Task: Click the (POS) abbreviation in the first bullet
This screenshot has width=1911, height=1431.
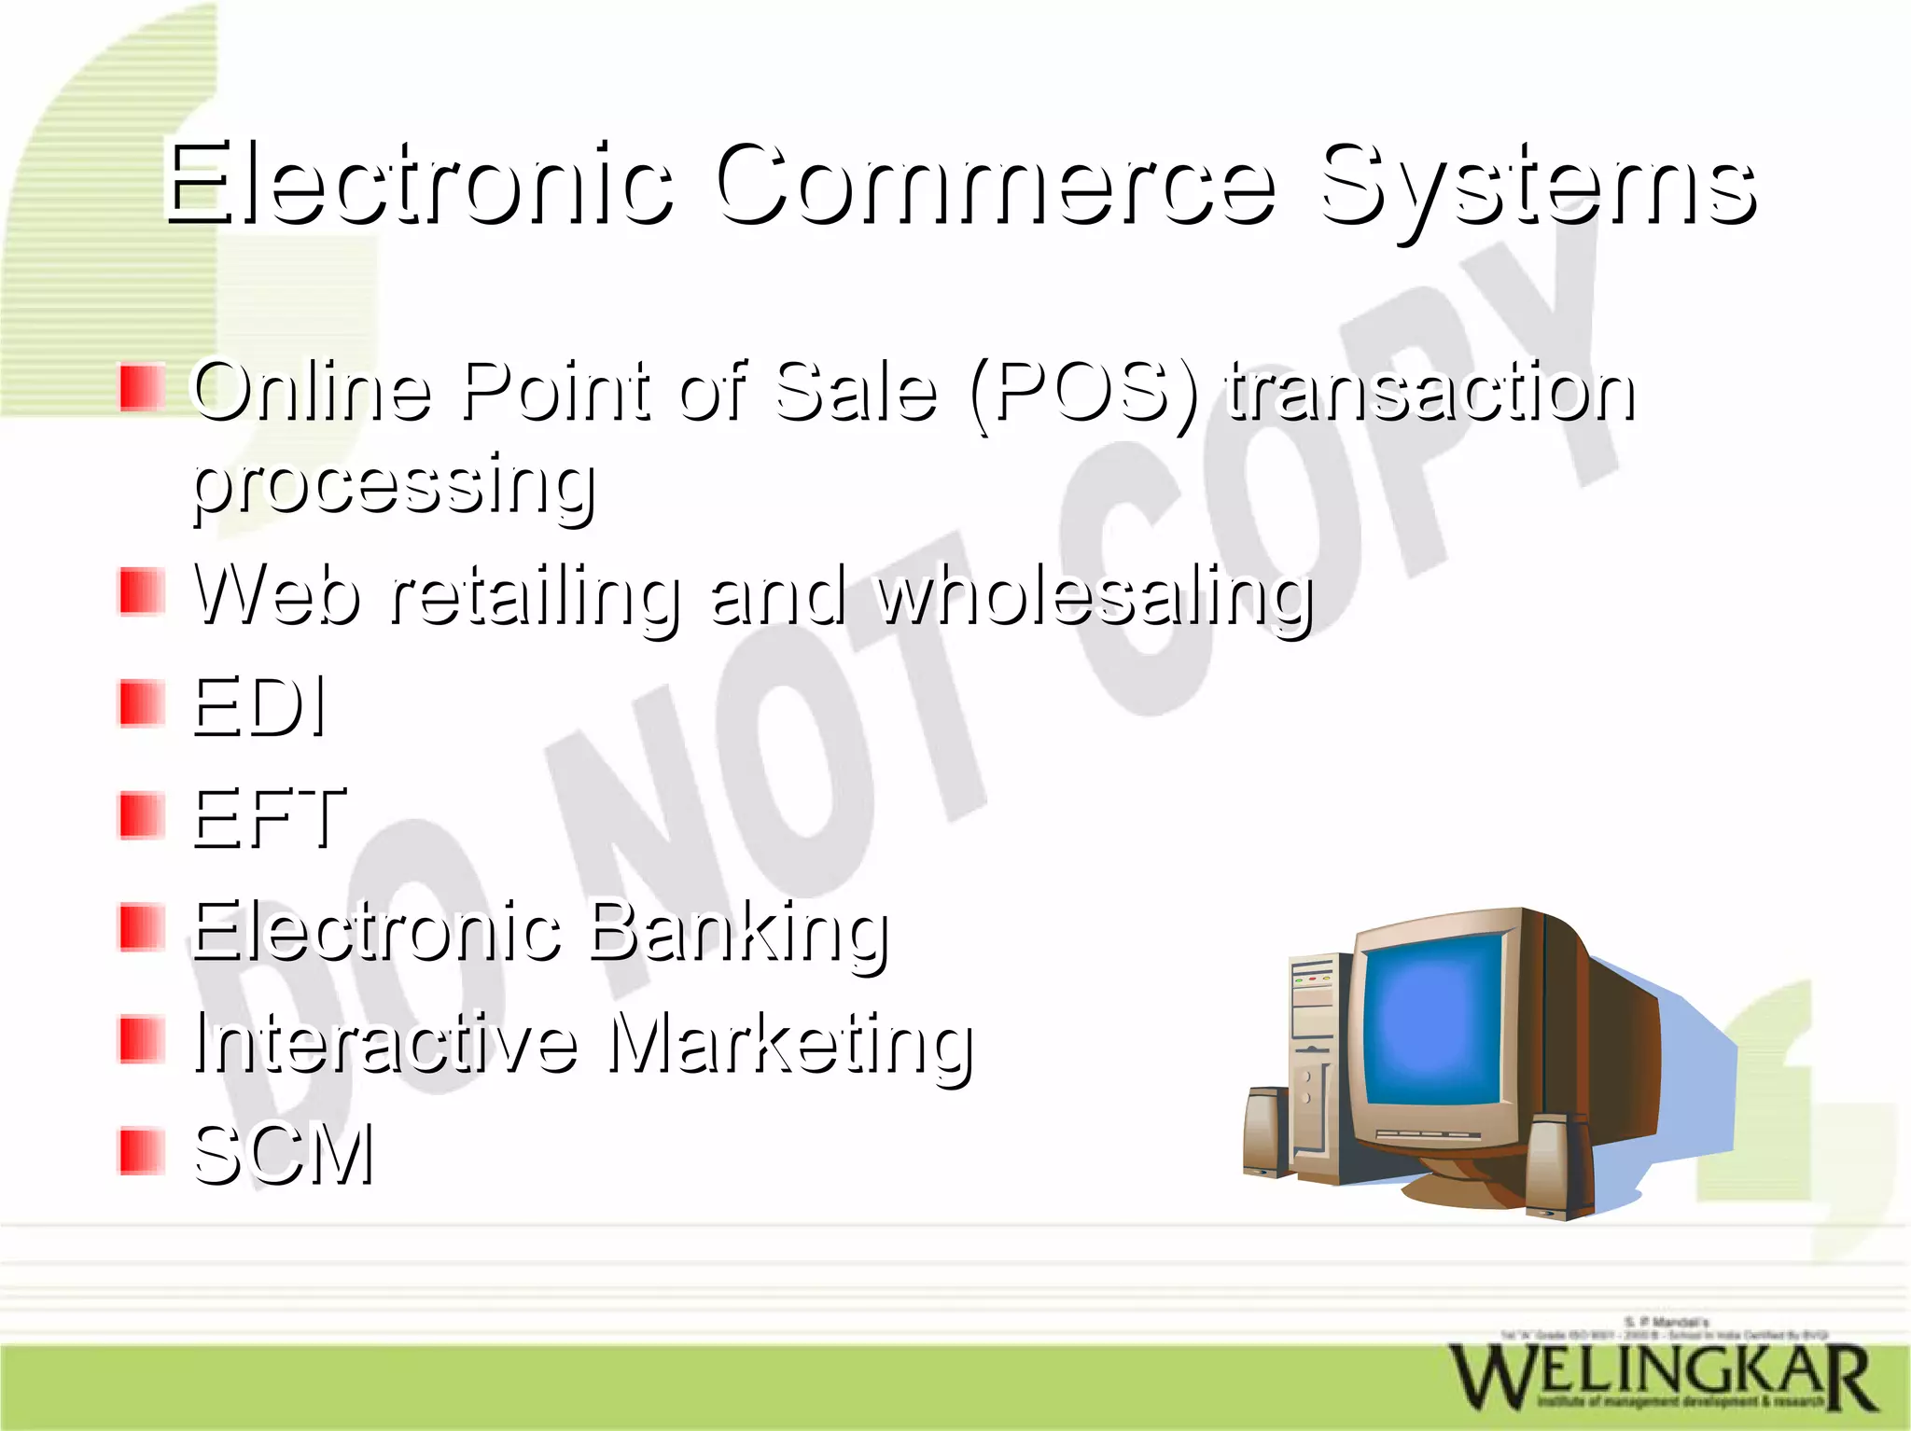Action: (1083, 393)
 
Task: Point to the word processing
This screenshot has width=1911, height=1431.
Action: (394, 486)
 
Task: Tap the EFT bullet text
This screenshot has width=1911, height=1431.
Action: (269, 818)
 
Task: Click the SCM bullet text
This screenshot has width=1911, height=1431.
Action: (284, 1155)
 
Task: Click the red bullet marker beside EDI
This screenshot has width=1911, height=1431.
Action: (142, 704)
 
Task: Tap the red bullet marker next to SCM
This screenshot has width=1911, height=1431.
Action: (142, 1151)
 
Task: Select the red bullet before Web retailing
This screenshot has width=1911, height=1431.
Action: (142, 592)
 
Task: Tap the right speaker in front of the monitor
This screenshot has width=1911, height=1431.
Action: (1560, 1166)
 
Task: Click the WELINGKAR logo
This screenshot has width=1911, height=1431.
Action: (1661, 1377)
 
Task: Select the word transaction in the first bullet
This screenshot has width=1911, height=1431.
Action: (1430, 393)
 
